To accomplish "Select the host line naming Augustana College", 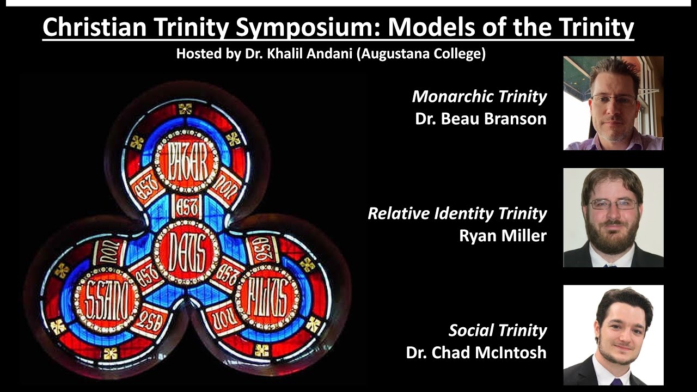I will click(x=331, y=54).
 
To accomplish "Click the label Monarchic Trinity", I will click(x=479, y=97).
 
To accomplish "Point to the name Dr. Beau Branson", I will click(x=480, y=119).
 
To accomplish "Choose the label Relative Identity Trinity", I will click(x=457, y=213).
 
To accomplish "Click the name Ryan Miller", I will click(x=503, y=236).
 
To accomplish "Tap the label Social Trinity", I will click(x=497, y=330).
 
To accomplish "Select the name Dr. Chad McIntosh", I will click(x=476, y=352).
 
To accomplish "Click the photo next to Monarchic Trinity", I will click(x=613, y=103).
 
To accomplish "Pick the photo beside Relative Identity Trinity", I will click(x=613, y=218).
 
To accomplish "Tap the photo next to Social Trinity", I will click(x=613, y=335).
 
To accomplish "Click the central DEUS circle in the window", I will click(x=186, y=251).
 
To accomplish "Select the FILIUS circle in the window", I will click(x=267, y=296).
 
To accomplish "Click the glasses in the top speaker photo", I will click(x=614, y=100).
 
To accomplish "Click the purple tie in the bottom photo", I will click(x=616, y=382).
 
